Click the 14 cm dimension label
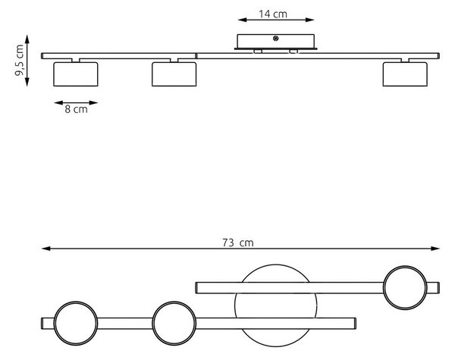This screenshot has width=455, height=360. click(x=273, y=14)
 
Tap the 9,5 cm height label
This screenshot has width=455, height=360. click(x=19, y=60)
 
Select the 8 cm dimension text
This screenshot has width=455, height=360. click(x=76, y=109)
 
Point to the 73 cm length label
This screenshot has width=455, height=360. click(x=238, y=243)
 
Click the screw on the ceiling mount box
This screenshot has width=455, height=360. click(x=276, y=38)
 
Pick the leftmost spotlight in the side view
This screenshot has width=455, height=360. click(x=76, y=74)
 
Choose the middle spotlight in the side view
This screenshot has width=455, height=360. click(x=174, y=74)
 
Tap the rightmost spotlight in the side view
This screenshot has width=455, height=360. click(x=405, y=74)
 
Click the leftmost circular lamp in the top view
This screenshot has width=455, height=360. click(x=76, y=302)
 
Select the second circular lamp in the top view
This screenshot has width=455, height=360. click(x=174, y=302)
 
